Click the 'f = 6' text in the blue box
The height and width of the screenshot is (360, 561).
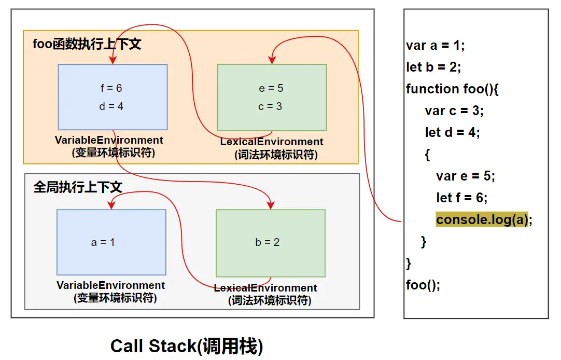click(x=111, y=88)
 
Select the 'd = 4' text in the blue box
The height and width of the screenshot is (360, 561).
click(x=111, y=106)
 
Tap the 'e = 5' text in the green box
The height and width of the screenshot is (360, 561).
click(x=271, y=88)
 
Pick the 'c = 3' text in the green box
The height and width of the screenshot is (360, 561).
click(x=271, y=106)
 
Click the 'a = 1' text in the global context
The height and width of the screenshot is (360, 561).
click(x=103, y=242)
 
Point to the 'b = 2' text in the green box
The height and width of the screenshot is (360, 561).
click(x=268, y=242)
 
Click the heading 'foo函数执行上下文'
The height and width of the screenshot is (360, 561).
click(x=87, y=44)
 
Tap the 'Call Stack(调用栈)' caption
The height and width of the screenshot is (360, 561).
click(x=187, y=346)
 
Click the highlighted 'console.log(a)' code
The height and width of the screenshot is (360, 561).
click(x=482, y=219)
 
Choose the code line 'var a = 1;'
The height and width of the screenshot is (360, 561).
click(x=436, y=45)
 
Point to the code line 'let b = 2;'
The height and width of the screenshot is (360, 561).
click(x=433, y=67)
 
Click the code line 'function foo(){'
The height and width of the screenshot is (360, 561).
click(x=452, y=89)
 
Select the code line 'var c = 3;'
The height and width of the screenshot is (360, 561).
click(x=454, y=110)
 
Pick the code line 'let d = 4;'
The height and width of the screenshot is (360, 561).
click(x=453, y=132)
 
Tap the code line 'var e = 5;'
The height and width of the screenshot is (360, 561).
click(x=466, y=176)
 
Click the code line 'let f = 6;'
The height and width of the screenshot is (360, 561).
click(x=462, y=198)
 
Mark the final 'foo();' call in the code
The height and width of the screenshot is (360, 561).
click(x=423, y=285)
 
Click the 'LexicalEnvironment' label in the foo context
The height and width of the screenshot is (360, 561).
click(x=272, y=142)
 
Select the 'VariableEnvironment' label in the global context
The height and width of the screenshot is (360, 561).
click(x=110, y=285)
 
